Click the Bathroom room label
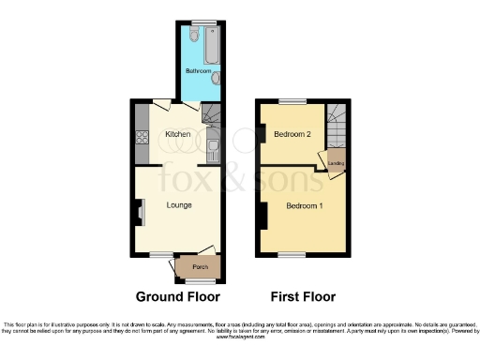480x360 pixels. pos(197,72)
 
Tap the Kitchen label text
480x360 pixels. pos(178,134)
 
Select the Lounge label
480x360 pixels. pos(179,205)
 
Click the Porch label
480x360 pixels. pos(200,267)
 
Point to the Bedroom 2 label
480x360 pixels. pos(292,134)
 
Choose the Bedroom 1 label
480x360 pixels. pos(304,205)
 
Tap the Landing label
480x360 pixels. pos(336,163)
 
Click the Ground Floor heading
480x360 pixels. pos(178,296)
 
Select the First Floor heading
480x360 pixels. pos(303,296)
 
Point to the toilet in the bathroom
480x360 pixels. pos(192,36)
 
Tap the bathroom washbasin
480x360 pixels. pos(217,80)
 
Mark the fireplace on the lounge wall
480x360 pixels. pos(140,214)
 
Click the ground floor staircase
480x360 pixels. pos(210,118)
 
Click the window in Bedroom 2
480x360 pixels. pos(292,100)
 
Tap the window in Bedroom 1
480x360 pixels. pos(292,255)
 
